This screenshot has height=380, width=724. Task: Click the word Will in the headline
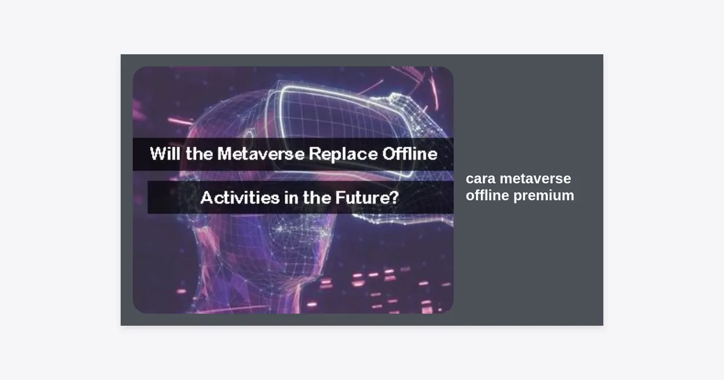165,153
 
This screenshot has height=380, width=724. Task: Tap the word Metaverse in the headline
261,154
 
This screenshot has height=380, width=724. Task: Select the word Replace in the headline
343,154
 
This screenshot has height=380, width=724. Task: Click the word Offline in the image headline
410,153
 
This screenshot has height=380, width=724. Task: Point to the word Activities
240,197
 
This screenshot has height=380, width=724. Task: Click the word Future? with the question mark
367,197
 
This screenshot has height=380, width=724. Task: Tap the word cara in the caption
480,179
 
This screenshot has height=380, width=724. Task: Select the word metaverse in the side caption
535,179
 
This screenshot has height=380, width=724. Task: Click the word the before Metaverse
199,154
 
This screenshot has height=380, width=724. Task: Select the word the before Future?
317,197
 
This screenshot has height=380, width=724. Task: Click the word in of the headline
291,197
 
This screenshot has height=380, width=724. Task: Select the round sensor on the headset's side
249,135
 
